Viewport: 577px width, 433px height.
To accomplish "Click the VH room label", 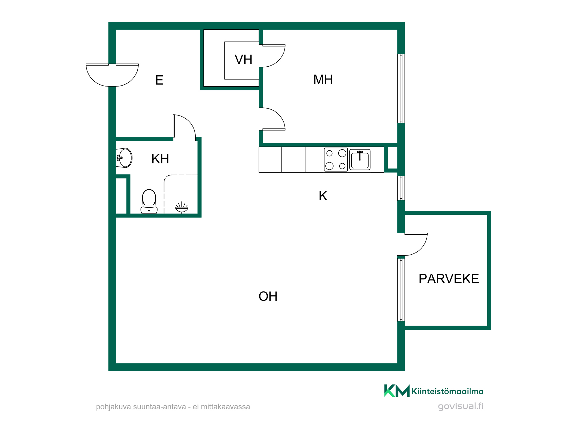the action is [x=243, y=60].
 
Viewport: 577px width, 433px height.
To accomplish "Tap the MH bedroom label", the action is [x=323, y=80].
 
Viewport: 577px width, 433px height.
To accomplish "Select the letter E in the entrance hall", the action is [x=159, y=80].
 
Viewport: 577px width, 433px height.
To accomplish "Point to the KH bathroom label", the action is [x=160, y=159].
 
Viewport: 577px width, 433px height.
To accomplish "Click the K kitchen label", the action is [x=323, y=196].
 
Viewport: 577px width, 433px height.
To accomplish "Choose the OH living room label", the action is [x=268, y=296].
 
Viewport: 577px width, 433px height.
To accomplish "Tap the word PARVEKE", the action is [x=449, y=279].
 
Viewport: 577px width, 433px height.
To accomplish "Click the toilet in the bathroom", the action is [x=149, y=201].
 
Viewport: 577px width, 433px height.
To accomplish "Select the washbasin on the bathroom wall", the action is [x=124, y=158].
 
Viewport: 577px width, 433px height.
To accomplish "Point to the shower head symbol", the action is [x=182, y=207].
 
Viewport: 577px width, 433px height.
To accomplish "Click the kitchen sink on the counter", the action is [x=360, y=160].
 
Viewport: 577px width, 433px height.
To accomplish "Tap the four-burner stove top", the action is [x=336, y=160].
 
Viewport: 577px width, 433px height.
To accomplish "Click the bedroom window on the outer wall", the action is [x=401, y=88].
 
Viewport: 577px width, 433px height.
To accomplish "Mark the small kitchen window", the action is [x=401, y=188].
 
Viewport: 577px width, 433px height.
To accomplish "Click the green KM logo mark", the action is [x=397, y=391].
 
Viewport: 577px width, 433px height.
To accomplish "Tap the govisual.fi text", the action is [x=461, y=406].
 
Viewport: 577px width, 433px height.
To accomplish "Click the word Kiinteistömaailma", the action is [x=447, y=391].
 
